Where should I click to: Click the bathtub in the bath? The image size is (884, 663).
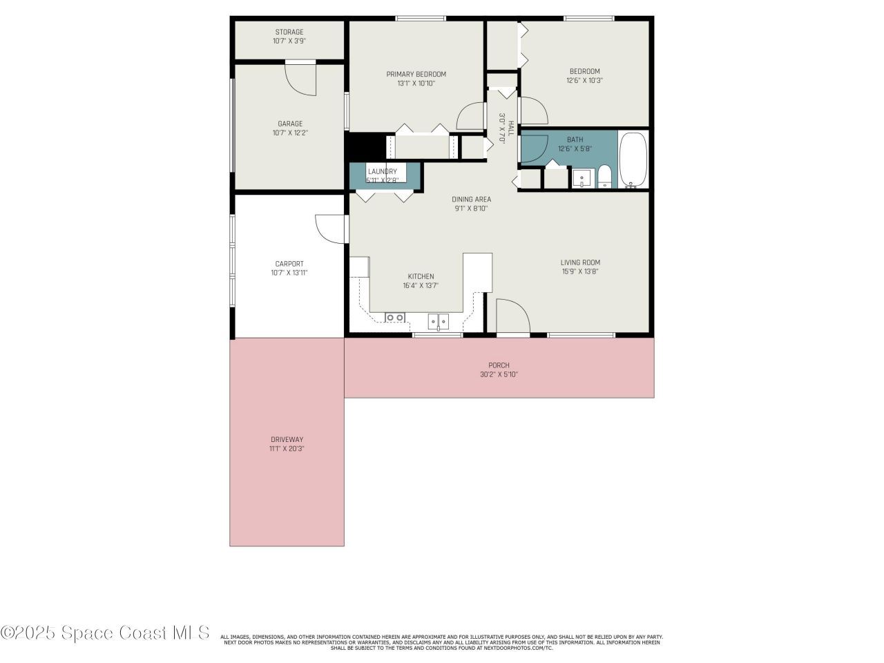pyautogui.click(x=633, y=160)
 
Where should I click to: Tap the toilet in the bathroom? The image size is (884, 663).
pyautogui.click(x=604, y=177)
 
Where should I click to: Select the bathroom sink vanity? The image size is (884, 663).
pyautogui.click(x=582, y=177)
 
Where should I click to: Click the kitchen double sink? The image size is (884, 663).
pyautogui.click(x=438, y=320)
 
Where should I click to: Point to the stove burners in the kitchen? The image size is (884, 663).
pyautogui.click(x=394, y=318)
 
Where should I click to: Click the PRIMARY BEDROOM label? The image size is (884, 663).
pyautogui.click(x=416, y=75)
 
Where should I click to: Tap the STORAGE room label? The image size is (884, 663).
pyautogui.click(x=289, y=32)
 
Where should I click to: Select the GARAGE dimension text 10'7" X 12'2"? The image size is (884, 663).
pyautogui.click(x=289, y=133)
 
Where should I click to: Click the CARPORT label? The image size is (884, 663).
pyautogui.click(x=289, y=264)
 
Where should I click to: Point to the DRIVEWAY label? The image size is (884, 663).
pyautogui.click(x=287, y=439)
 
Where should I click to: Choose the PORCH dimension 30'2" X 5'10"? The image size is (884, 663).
pyautogui.click(x=499, y=374)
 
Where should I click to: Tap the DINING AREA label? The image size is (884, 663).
pyautogui.click(x=471, y=200)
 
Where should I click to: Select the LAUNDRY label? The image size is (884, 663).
pyautogui.click(x=382, y=171)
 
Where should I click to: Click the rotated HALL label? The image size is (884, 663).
pyautogui.click(x=511, y=128)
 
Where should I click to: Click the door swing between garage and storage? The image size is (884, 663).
pyautogui.click(x=302, y=78)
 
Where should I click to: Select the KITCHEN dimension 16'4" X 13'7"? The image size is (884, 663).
pyautogui.click(x=421, y=285)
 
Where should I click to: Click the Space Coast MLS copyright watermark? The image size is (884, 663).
pyautogui.click(x=105, y=632)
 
